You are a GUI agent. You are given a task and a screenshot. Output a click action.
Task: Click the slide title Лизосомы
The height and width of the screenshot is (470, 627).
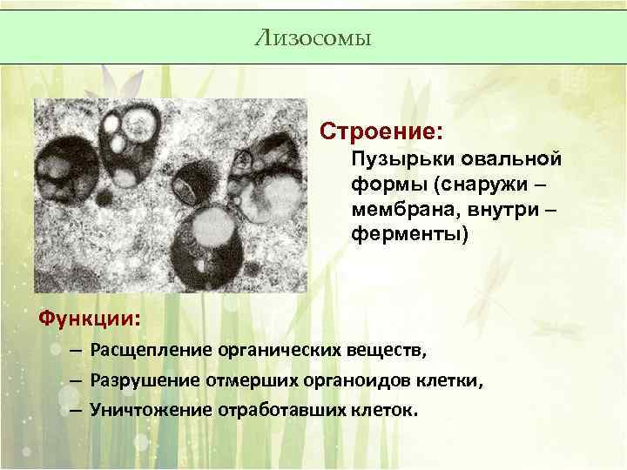[313, 37]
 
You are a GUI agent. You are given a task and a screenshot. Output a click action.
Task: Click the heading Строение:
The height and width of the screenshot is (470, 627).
[381, 132]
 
